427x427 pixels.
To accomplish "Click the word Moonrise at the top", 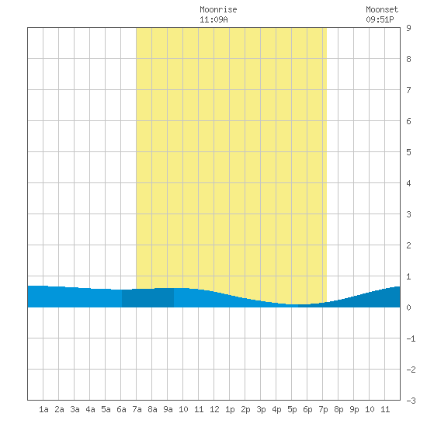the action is [x=218, y=9].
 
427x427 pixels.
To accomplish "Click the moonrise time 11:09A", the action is [x=213, y=19].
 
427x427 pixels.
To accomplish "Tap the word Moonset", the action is [x=382, y=9].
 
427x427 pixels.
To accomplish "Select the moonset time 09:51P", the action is [x=380, y=19].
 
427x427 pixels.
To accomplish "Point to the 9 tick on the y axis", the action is [x=408, y=28].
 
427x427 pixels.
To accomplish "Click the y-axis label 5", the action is [x=408, y=152].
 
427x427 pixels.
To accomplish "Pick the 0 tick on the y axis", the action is [x=408, y=307].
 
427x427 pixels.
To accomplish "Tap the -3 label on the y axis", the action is [x=411, y=401].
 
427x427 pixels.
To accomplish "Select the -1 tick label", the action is [x=411, y=338].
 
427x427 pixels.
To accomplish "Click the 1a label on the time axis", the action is [x=43, y=409].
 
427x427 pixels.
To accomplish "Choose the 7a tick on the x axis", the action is [x=137, y=409].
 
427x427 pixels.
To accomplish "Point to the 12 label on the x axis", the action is [x=214, y=409].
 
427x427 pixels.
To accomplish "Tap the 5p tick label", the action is [x=292, y=409].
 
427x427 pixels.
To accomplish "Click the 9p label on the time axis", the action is [x=354, y=409].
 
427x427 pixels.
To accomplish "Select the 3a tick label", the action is [x=75, y=409].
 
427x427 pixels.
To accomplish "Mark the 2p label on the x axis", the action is [x=245, y=409].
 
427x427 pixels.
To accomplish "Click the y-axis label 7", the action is [x=408, y=90].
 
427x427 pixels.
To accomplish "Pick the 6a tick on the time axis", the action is [x=121, y=409].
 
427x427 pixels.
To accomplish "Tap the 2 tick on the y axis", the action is [x=408, y=245].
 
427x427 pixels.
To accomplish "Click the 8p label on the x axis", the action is [x=338, y=409].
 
